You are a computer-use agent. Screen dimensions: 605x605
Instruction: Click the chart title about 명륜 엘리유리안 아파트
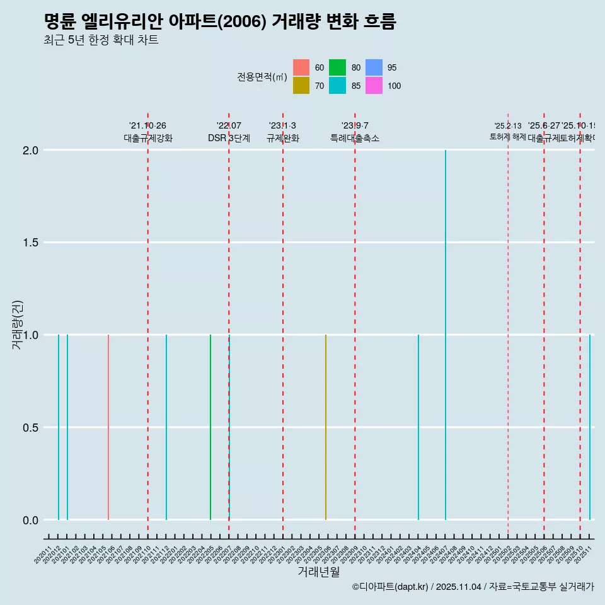click(x=220, y=22)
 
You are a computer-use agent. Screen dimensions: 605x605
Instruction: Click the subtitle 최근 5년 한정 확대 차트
click(x=101, y=40)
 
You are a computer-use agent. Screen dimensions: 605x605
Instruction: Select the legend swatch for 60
click(x=301, y=67)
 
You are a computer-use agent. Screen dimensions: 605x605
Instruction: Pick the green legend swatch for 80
click(x=337, y=67)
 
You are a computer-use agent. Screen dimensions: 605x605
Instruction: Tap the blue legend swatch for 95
click(x=374, y=67)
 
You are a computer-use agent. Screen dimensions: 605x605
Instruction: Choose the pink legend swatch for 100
click(x=374, y=86)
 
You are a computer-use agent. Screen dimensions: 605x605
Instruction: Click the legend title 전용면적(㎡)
click(x=262, y=77)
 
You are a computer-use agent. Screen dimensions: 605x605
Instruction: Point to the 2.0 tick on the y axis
click(x=31, y=151)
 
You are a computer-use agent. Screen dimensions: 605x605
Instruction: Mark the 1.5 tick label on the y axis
click(x=31, y=243)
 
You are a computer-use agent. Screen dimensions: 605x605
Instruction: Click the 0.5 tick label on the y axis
click(x=31, y=428)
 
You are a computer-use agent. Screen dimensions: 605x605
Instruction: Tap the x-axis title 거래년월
click(x=319, y=572)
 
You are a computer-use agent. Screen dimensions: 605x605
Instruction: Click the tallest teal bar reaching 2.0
click(x=446, y=334)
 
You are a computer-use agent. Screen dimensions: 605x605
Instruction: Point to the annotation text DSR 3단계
click(x=229, y=138)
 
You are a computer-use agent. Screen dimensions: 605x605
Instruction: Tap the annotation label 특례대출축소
click(x=355, y=138)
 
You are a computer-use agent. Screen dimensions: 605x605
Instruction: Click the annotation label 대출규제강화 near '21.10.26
click(x=148, y=138)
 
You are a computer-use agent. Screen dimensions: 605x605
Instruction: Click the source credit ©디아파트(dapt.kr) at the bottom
click(x=391, y=587)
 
